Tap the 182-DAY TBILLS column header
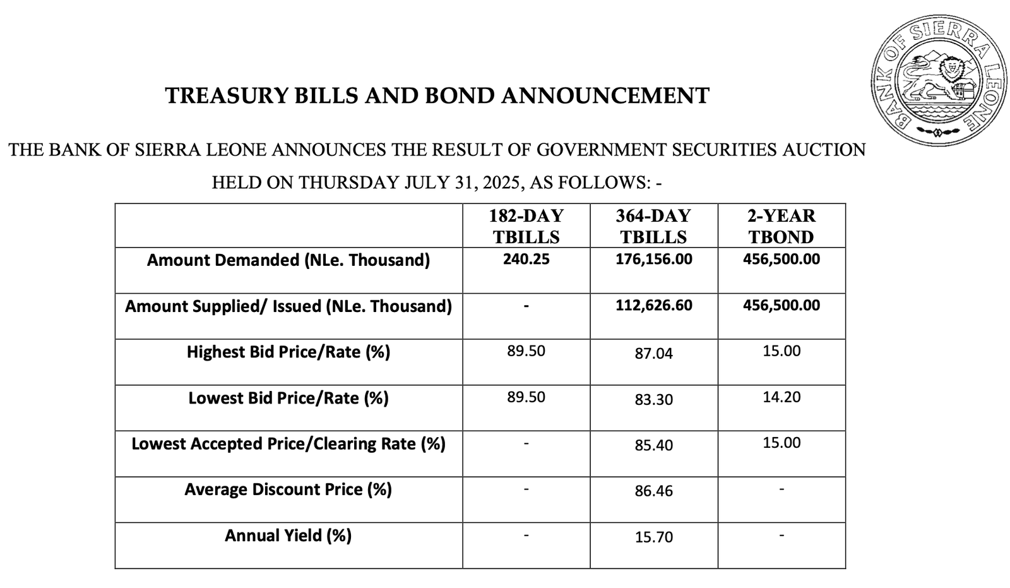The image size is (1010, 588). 526,226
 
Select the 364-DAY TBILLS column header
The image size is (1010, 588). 653,226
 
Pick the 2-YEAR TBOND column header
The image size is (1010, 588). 781,226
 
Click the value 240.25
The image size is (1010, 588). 526,260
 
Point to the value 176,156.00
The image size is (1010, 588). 653,260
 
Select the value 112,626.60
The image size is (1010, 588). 653,306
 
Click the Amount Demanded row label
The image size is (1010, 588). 288,260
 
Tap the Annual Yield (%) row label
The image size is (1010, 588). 288,536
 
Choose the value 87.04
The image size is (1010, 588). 653,354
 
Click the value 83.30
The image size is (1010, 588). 653,400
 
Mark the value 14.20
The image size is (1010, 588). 781,397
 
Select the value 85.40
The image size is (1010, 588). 653,446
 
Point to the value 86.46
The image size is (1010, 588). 653,491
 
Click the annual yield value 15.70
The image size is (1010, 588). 653,537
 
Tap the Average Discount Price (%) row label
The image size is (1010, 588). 288,490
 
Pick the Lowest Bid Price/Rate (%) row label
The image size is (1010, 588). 288,399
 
